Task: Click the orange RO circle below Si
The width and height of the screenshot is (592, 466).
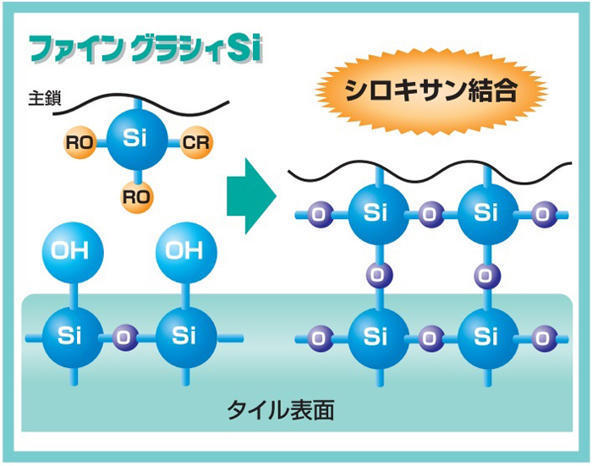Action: click(136, 196)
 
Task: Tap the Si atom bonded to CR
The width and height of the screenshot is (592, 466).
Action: click(136, 140)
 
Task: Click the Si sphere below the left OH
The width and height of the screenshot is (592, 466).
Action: click(71, 336)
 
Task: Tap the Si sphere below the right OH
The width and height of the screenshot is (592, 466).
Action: click(184, 336)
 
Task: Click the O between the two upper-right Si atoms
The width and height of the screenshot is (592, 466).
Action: click(430, 214)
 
